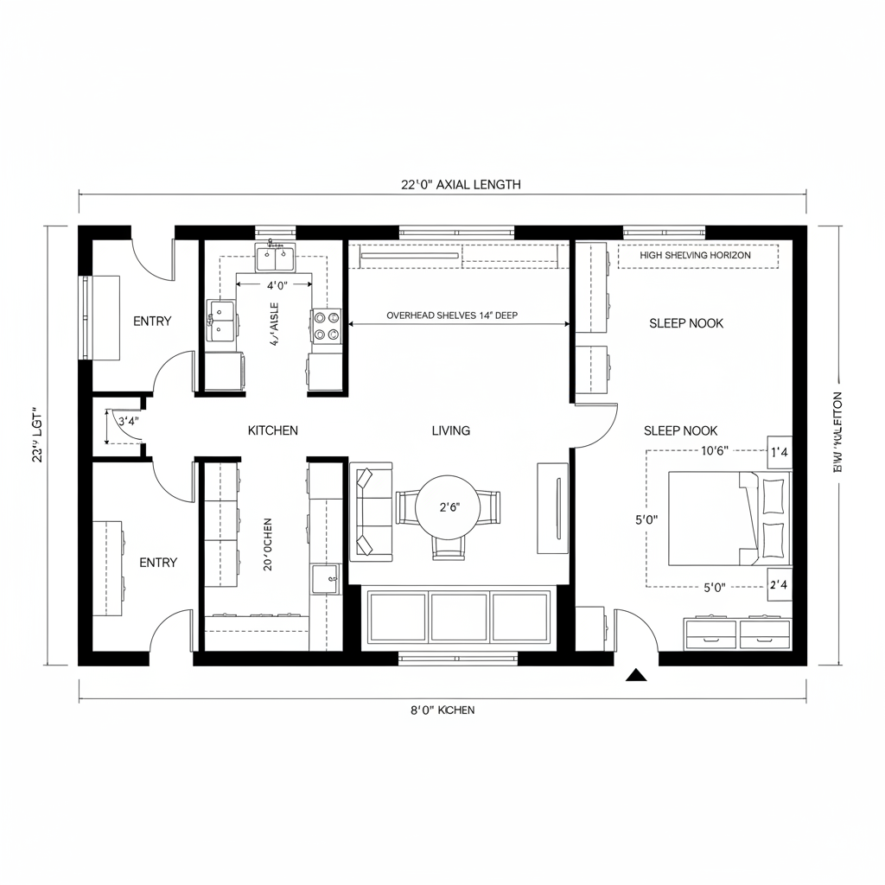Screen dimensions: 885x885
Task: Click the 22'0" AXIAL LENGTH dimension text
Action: point(461,184)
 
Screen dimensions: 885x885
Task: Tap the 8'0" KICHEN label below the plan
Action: point(442,710)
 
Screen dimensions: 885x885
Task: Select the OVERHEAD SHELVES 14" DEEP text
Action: point(452,315)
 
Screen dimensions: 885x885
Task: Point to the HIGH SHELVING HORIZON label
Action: point(696,256)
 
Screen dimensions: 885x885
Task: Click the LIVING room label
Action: point(450,430)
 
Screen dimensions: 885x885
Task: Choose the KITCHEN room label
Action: point(272,430)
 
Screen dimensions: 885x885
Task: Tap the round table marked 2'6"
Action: point(448,507)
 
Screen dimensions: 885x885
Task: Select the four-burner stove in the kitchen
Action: point(326,326)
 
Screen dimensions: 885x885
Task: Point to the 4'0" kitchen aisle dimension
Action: point(276,284)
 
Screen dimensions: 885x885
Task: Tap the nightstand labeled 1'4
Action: point(780,451)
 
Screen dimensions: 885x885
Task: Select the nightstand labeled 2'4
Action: point(780,585)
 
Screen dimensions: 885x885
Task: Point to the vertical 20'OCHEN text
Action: point(268,544)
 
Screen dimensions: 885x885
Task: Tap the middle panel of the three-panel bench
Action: point(460,617)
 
